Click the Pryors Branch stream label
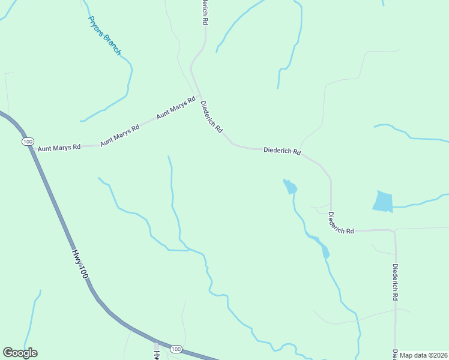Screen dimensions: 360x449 tap(104, 36)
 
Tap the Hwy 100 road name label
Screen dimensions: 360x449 tap(81, 263)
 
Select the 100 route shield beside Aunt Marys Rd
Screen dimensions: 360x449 tap(27, 141)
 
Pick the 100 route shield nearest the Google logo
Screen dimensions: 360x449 tap(175, 349)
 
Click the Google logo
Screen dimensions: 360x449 tap(20, 353)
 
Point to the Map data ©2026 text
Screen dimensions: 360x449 tap(423, 355)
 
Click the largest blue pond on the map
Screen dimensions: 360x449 tap(382, 202)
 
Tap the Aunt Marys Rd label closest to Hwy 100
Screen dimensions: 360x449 tap(59, 147)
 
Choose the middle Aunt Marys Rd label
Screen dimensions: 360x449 tap(119, 134)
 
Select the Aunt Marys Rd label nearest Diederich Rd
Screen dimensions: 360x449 tap(176, 107)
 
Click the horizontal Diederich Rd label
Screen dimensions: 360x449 tap(282, 151)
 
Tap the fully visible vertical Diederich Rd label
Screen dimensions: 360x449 tap(395, 281)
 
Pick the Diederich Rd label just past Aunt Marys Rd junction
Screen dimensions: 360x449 tap(211, 116)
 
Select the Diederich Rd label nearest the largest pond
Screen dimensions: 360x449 tap(341, 223)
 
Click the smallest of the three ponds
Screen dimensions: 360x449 tap(325, 251)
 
